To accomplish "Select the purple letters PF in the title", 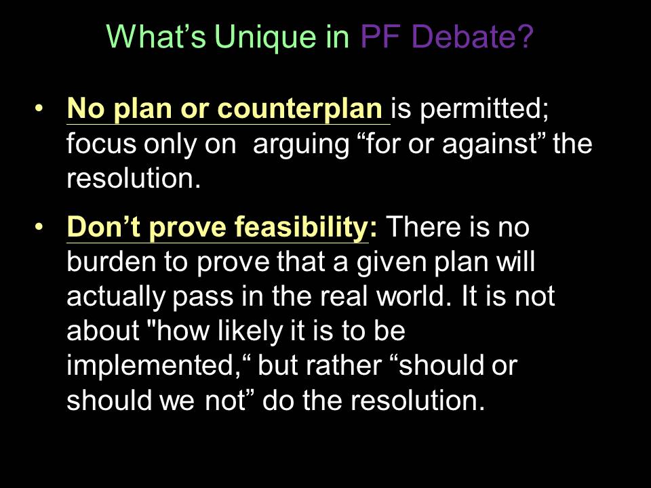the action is pyautogui.click(x=380, y=36).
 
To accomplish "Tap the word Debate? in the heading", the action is pyautogui.click(x=472, y=36).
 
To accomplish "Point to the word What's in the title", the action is pyautogui.click(x=157, y=36).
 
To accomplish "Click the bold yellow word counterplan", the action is pyautogui.click(x=299, y=108).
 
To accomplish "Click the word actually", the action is pyautogui.click(x=116, y=298).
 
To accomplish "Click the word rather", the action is pyautogui.click(x=344, y=365).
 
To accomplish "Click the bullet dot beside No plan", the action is pyautogui.click(x=39, y=108).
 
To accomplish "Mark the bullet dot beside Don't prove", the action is pyautogui.click(x=39, y=226).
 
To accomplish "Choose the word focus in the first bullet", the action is pyautogui.click(x=101, y=144).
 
